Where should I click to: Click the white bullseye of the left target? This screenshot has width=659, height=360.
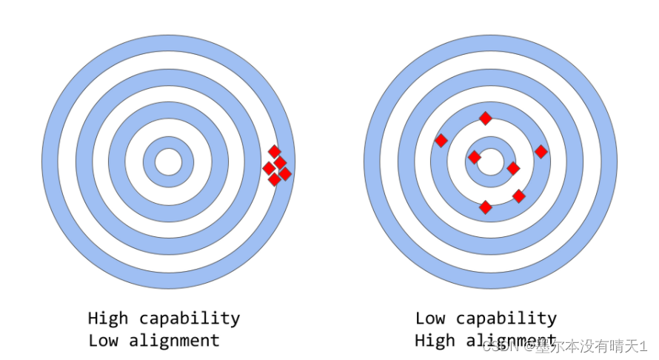(168, 161)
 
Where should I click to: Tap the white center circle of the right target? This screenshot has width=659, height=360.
(489, 161)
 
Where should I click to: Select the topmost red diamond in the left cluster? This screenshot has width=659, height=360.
(274, 151)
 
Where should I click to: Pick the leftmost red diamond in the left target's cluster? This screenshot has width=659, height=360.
(269, 168)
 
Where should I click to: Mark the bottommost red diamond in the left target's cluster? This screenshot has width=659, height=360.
(275, 179)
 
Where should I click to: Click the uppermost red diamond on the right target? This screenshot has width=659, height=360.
(486, 118)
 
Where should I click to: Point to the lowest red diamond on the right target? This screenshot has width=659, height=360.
(486, 207)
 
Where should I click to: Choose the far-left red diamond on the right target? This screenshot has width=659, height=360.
(441, 140)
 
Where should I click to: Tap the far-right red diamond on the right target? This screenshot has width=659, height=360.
(541, 152)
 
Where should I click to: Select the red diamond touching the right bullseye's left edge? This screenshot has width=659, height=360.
(475, 157)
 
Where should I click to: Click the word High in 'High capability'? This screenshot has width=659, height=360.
(107, 319)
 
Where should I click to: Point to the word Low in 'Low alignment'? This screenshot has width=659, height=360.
(103, 341)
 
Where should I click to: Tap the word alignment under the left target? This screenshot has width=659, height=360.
(174, 341)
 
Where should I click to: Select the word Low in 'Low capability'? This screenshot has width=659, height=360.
(429, 319)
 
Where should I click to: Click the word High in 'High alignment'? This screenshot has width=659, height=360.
(434, 341)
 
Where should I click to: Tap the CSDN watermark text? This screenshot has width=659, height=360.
(498, 347)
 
